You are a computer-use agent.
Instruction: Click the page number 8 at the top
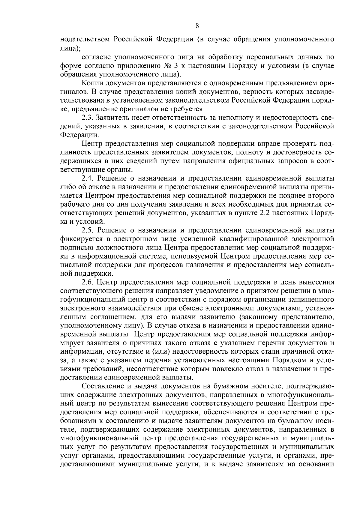(197, 26)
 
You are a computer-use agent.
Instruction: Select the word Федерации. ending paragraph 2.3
(79, 135)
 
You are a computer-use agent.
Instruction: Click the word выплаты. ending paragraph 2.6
(178, 377)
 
